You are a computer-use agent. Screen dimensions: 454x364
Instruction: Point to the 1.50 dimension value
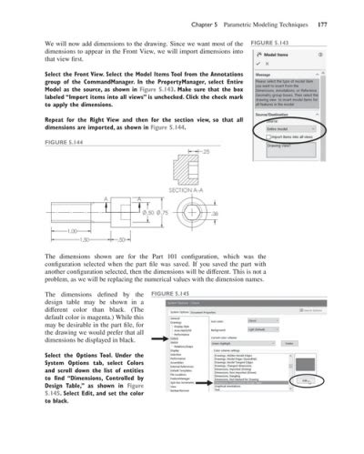tap(84, 241)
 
